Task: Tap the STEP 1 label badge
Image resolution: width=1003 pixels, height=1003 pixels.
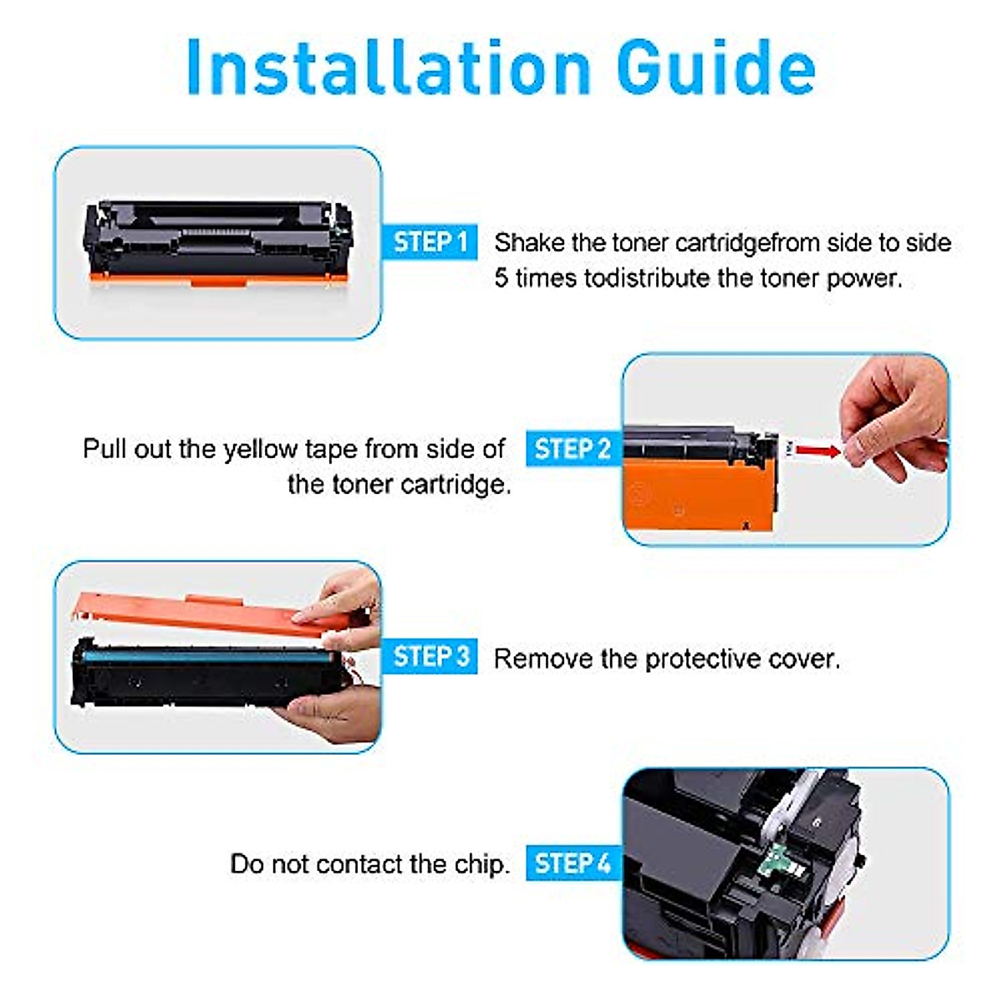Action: tap(430, 242)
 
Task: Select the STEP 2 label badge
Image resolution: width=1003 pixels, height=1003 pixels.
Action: tap(572, 449)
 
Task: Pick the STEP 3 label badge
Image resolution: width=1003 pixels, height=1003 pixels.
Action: tap(430, 657)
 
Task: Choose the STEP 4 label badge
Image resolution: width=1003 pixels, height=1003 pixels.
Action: tap(572, 863)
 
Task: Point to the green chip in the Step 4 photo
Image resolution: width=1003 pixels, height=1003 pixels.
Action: tap(782, 878)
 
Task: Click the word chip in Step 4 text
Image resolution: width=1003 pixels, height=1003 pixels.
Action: tap(481, 864)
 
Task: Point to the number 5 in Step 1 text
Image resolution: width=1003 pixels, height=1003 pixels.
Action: tap(501, 278)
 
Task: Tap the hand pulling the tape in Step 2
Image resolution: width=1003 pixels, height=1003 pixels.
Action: tap(894, 418)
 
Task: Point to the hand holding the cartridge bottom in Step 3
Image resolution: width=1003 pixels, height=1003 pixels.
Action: tap(334, 715)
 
